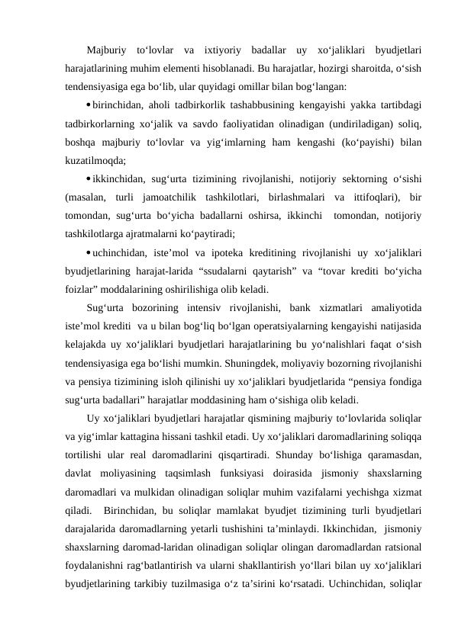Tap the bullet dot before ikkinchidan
click(89, 179)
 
